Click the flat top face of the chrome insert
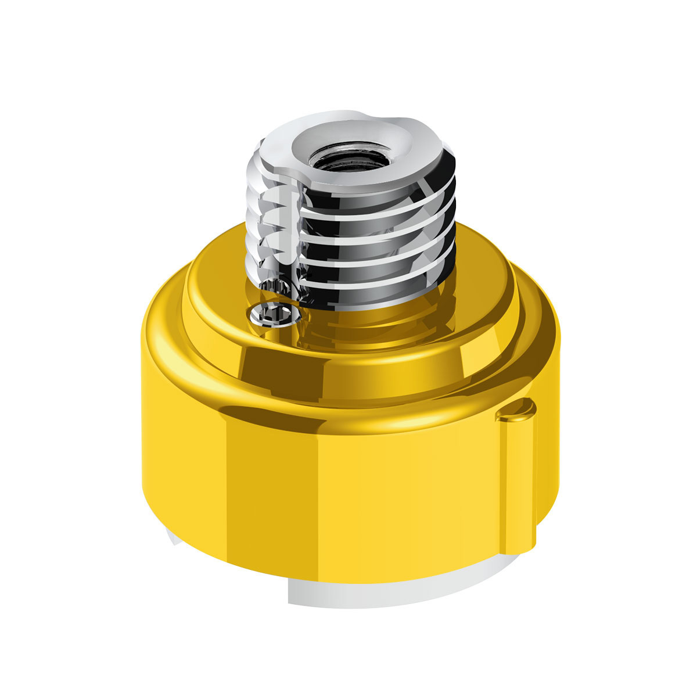coord(290,145)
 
